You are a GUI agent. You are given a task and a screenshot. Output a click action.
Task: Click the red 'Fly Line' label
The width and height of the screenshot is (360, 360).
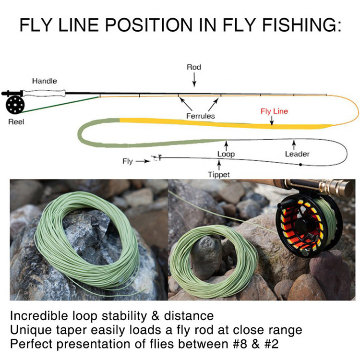pos(274,111)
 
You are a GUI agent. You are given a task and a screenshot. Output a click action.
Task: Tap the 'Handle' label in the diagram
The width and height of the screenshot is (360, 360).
pos(44,81)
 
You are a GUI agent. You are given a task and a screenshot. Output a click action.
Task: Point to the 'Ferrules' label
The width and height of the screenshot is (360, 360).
pos(200,116)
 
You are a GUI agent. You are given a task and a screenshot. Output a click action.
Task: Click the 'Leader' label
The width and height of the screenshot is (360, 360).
pos(297,154)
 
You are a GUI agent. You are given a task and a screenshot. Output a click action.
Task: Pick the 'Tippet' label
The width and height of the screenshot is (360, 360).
pos(218,175)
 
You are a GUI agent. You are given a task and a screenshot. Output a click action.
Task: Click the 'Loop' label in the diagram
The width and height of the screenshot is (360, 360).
pos(226,154)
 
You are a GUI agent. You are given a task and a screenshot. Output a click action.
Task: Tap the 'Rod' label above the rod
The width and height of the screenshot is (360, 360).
pos(193,67)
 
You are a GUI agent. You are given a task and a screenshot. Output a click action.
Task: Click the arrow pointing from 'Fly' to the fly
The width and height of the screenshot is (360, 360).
pos(143,161)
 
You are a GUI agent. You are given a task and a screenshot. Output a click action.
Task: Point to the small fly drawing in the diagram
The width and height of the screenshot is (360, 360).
pos(156,158)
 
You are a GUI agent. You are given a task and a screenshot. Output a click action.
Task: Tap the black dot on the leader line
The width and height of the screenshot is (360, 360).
pos(300,165)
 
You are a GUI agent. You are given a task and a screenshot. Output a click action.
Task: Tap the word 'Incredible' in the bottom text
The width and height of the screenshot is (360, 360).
pos(44,316)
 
